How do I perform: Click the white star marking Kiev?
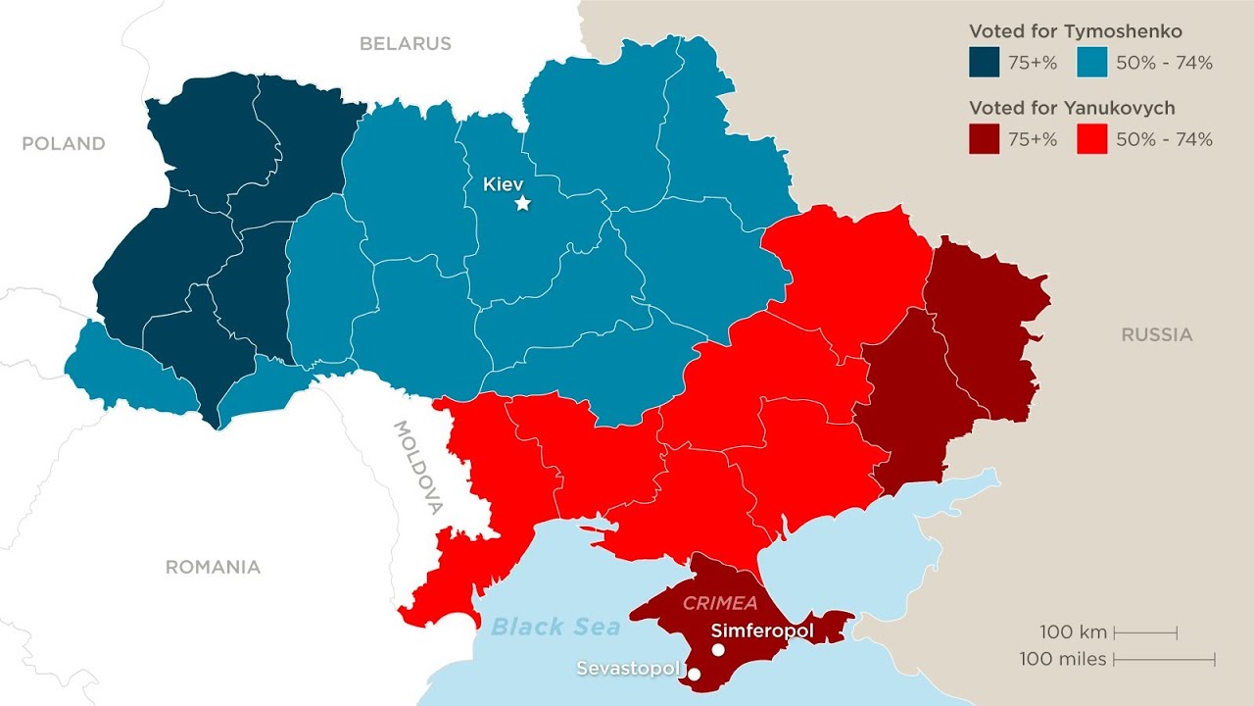click(523, 203)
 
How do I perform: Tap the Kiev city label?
click(504, 183)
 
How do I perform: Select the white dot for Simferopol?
click(718, 649)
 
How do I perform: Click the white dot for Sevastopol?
click(694, 674)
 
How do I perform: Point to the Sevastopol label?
click(627, 669)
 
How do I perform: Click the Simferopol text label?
click(762, 630)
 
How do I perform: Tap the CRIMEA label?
click(720, 603)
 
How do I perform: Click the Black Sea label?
click(555, 627)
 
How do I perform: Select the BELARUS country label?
click(405, 43)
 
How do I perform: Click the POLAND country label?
click(64, 143)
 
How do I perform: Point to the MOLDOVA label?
click(418, 468)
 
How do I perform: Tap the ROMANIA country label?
click(213, 567)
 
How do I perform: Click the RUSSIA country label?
click(1157, 334)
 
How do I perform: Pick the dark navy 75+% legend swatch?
click(984, 63)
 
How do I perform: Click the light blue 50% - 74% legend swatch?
click(1091, 63)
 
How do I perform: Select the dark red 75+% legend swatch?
click(984, 139)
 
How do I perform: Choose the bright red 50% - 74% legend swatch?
click(1091, 139)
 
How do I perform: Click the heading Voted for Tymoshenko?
click(1075, 31)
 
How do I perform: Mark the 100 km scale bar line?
click(1145, 632)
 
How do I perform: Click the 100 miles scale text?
click(1063, 659)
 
